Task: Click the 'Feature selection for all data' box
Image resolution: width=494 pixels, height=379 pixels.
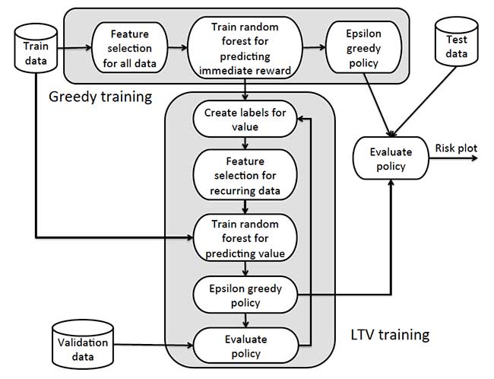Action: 129,47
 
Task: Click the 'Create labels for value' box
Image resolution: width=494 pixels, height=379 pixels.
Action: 245,119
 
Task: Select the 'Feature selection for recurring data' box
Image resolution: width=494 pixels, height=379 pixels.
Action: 245,174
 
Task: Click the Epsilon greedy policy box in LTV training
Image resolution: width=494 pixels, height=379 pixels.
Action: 245,294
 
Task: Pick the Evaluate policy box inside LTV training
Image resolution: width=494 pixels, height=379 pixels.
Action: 245,346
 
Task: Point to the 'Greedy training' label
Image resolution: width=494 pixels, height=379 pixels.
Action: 100,97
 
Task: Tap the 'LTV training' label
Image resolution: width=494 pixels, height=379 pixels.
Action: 390,334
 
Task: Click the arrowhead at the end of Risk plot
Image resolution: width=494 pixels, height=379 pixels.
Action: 474,158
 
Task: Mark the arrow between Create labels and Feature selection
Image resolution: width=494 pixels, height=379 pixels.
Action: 244,142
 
